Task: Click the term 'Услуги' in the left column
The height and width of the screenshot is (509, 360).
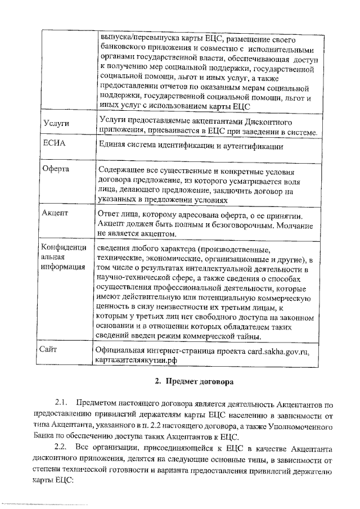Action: [56, 121]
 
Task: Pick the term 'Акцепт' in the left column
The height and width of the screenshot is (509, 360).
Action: [55, 213]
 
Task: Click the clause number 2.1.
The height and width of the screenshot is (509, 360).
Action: [61, 404]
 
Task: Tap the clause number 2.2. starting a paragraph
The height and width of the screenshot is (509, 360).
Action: [61, 447]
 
